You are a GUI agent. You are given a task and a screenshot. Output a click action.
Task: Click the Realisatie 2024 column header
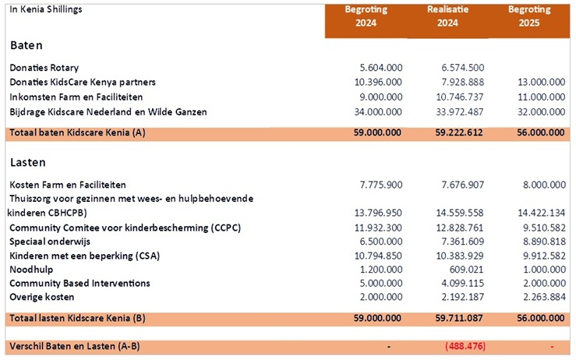pyautogui.click(x=447, y=16)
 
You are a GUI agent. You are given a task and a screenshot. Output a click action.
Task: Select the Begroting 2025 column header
pyautogui.click(x=529, y=16)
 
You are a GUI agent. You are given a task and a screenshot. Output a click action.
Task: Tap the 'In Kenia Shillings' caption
pyautogui.click(x=46, y=10)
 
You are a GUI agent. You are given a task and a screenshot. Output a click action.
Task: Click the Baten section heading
pyautogui.click(x=27, y=45)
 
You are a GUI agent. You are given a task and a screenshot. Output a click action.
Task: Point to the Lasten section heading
pyautogui.click(x=28, y=162)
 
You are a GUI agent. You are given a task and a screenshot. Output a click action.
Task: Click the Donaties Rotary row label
pyautogui.click(x=44, y=68)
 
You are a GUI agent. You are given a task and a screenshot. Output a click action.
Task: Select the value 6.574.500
pyautogui.click(x=462, y=68)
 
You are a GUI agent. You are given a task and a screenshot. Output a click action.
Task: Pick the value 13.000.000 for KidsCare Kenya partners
pyautogui.click(x=541, y=82)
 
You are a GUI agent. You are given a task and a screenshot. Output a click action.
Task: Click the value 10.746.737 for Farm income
pyautogui.click(x=460, y=97)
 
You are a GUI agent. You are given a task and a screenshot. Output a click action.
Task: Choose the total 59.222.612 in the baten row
pyautogui.click(x=459, y=132)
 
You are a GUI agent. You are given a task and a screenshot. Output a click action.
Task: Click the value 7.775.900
pyautogui.click(x=381, y=185)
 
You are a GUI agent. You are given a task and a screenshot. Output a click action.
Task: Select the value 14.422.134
pyautogui.click(x=542, y=213)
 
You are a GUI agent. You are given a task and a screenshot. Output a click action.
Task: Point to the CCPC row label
pyautogui.click(x=125, y=228)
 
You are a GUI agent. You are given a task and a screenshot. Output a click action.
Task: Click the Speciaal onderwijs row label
pyautogui.click(x=50, y=242)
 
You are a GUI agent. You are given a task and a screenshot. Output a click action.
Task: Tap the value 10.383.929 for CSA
pyautogui.click(x=460, y=256)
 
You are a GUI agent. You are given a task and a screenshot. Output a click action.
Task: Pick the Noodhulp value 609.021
pyautogui.click(x=467, y=270)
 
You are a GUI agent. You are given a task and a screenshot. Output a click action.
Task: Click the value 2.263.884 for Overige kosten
pyautogui.click(x=544, y=297)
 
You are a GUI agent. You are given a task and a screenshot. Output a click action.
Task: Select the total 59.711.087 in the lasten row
pyautogui.click(x=459, y=318)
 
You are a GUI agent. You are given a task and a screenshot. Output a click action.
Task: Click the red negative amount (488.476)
pyautogui.click(x=465, y=346)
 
